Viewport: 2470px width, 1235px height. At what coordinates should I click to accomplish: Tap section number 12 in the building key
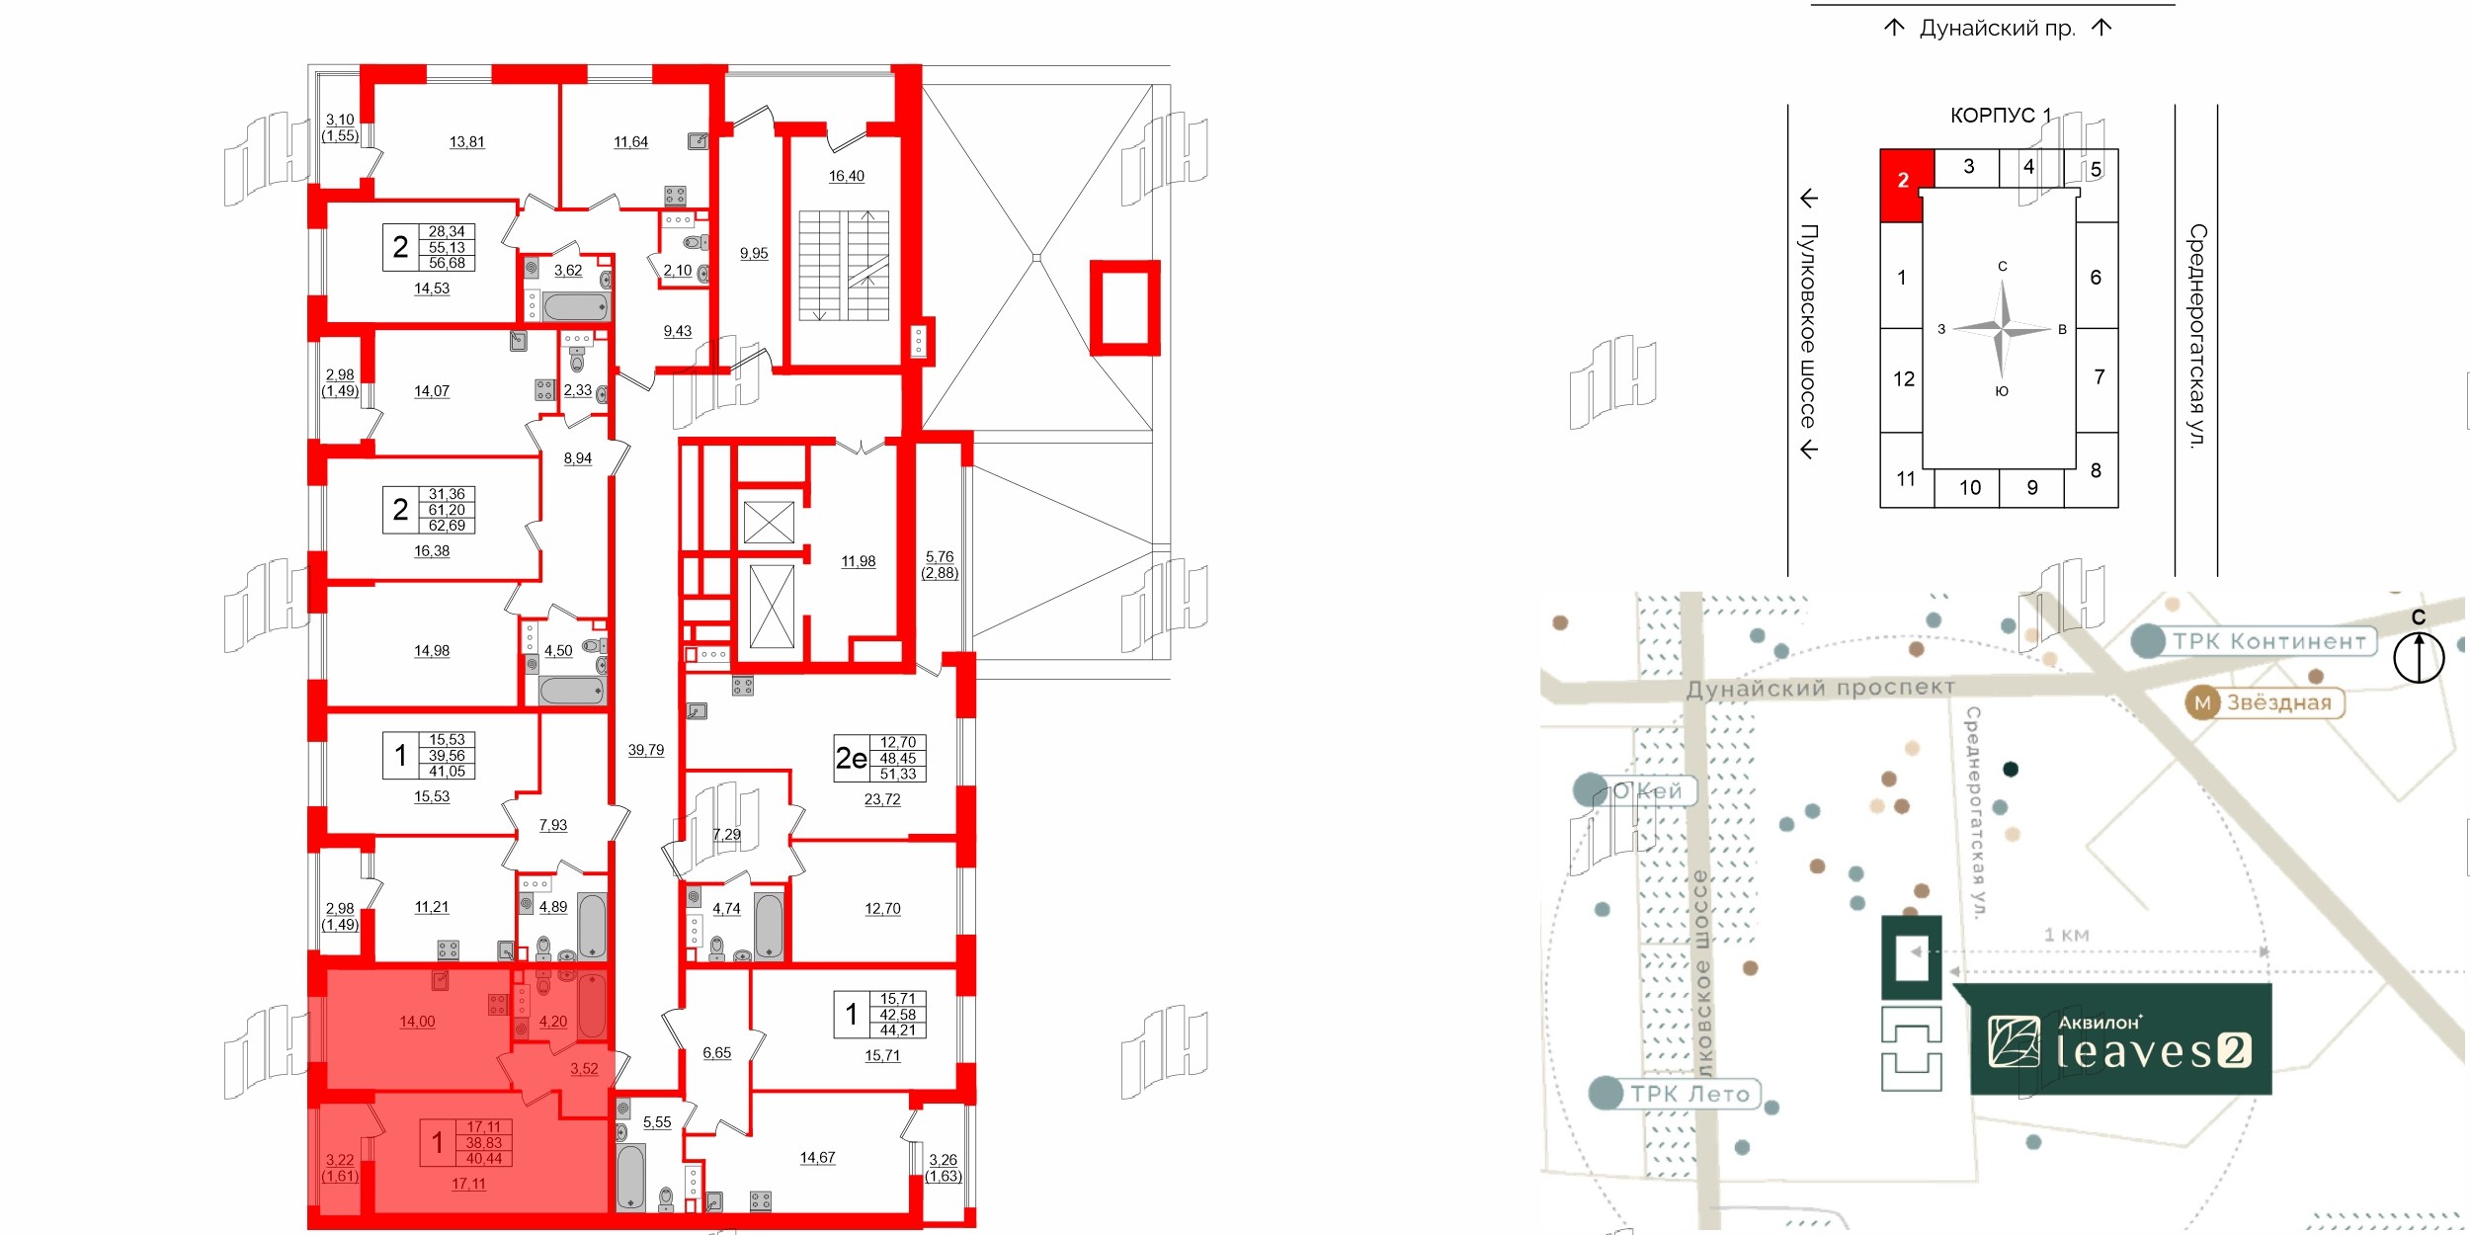[x=1903, y=379]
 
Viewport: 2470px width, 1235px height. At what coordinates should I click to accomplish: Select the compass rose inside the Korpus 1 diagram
[x=2002, y=328]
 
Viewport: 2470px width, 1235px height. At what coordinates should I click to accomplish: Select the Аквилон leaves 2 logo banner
[x=2120, y=1040]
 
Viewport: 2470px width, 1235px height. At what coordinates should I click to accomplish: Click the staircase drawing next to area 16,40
[x=844, y=265]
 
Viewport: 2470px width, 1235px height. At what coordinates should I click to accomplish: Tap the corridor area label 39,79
[x=646, y=751]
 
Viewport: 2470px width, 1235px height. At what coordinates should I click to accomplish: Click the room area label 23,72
[x=882, y=800]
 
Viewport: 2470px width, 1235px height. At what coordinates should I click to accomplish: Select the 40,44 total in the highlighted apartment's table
[x=484, y=1159]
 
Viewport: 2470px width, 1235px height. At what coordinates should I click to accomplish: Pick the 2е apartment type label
[x=851, y=758]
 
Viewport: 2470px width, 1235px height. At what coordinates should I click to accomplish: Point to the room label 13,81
[x=467, y=142]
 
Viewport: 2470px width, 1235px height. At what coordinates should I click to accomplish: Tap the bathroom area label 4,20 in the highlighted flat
[x=553, y=1022]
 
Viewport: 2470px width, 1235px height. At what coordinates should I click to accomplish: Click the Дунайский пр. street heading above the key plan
[x=1997, y=29]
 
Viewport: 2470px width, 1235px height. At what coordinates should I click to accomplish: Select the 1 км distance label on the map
[x=2066, y=935]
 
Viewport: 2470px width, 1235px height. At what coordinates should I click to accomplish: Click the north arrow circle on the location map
[x=2419, y=657]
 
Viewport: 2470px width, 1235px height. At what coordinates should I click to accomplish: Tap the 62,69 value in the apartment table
[x=447, y=526]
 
